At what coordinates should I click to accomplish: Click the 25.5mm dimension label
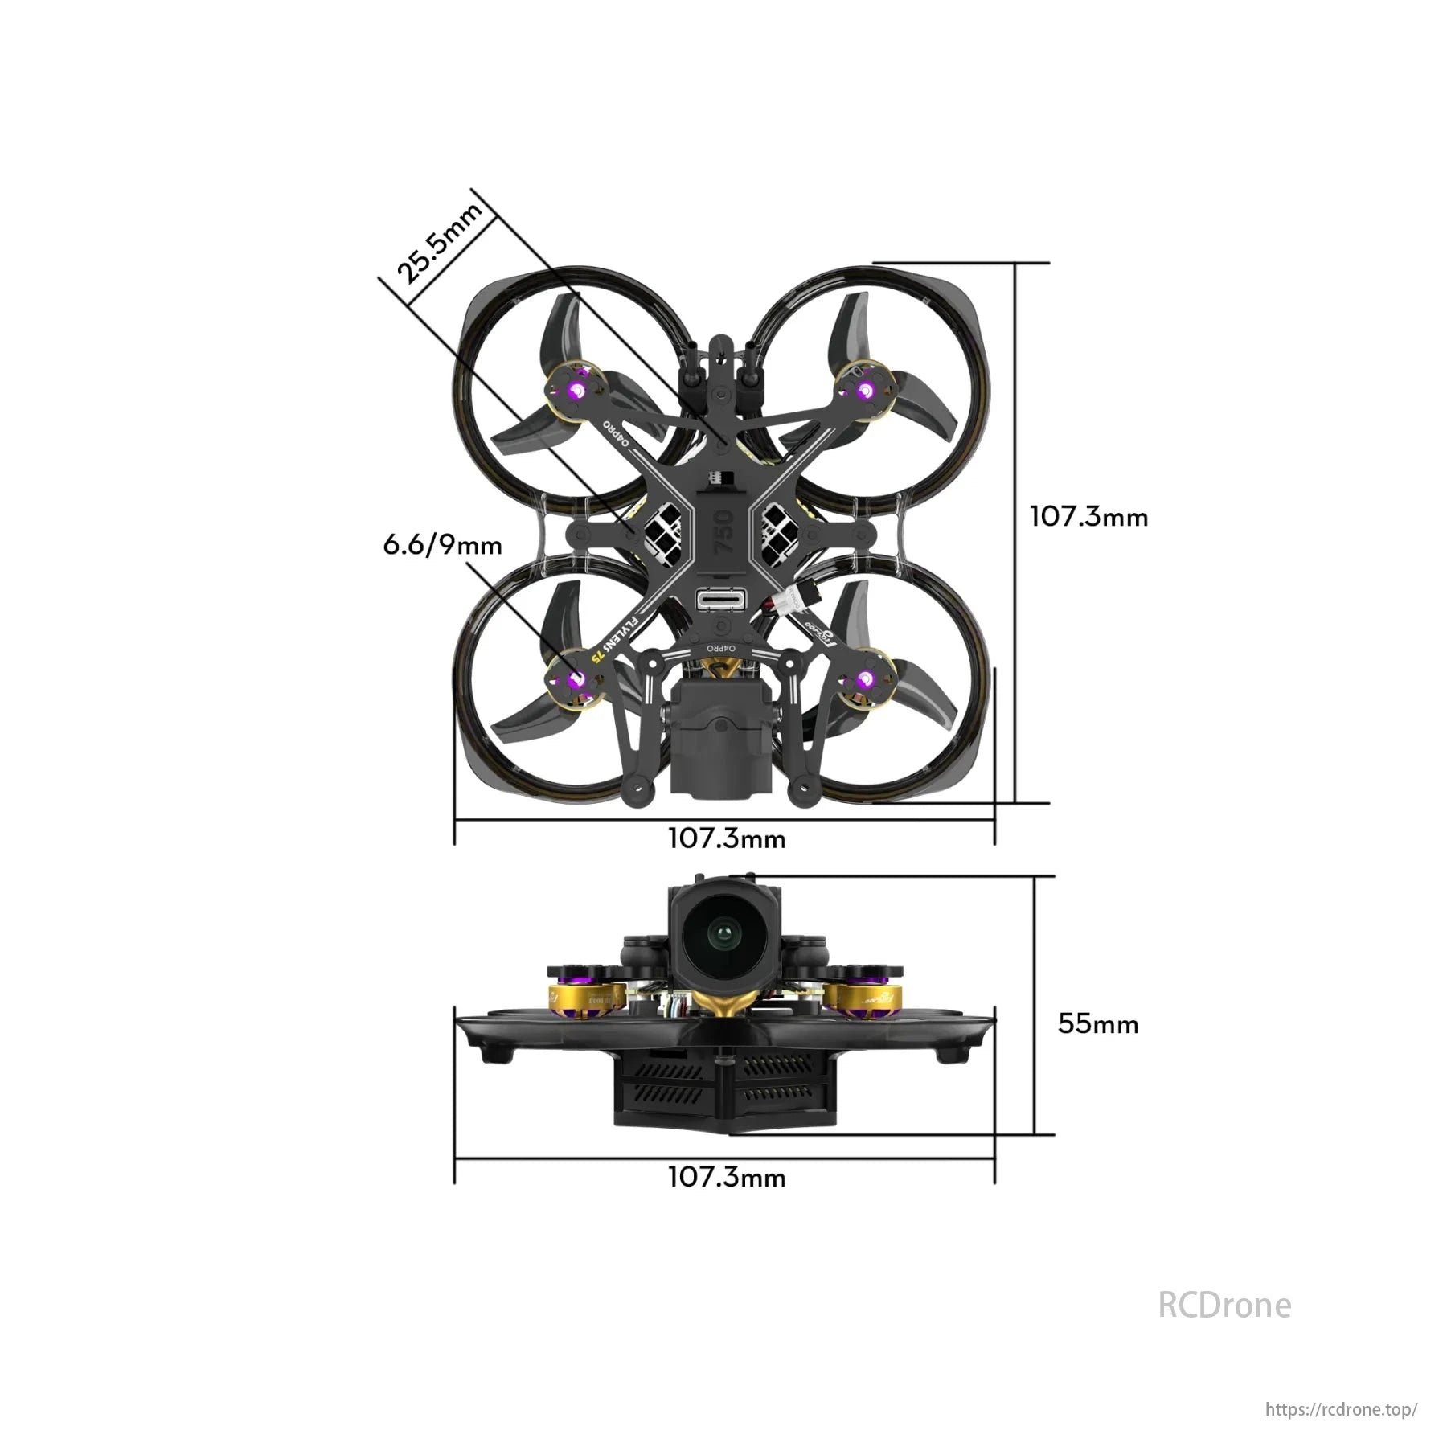pyautogui.click(x=439, y=243)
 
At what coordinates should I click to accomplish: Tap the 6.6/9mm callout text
pyautogui.click(x=442, y=545)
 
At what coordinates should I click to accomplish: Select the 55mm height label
pyautogui.click(x=1098, y=1023)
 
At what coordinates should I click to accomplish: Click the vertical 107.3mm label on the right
pyautogui.click(x=1088, y=516)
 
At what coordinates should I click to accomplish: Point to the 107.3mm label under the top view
pyautogui.click(x=727, y=838)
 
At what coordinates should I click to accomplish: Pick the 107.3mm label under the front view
pyautogui.click(x=727, y=1177)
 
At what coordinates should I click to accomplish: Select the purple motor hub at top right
pyautogui.click(x=865, y=391)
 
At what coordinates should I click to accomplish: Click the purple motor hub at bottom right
pyautogui.click(x=865, y=680)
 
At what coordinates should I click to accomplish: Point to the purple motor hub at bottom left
pyautogui.click(x=576, y=680)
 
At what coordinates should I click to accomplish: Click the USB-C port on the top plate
pyautogui.click(x=721, y=600)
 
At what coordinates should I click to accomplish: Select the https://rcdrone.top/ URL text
pyautogui.click(x=1340, y=1409)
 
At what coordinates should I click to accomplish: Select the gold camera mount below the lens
pyautogui.click(x=723, y=1002)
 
